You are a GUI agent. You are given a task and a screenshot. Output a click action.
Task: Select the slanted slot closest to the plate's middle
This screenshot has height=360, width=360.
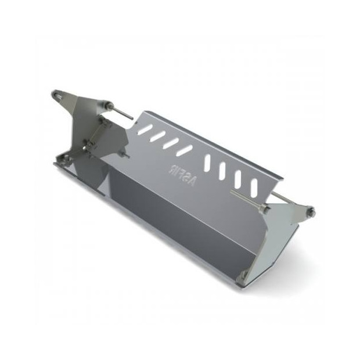tap(185, 150)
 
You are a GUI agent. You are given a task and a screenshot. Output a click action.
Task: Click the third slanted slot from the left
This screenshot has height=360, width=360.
tap(170, 143)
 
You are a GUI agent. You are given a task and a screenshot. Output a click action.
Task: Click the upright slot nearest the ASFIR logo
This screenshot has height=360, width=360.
tap(208, 162)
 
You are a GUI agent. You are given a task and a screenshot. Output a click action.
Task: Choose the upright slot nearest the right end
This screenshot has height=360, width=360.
tap(254, 188)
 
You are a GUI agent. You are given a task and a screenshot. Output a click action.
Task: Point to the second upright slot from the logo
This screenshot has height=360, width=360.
tap(223, 170)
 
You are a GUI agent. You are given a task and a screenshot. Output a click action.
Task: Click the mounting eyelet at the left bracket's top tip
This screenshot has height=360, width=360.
tap(56, 93)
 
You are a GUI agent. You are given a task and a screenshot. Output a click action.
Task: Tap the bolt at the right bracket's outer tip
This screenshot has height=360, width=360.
tap(309, 210)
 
